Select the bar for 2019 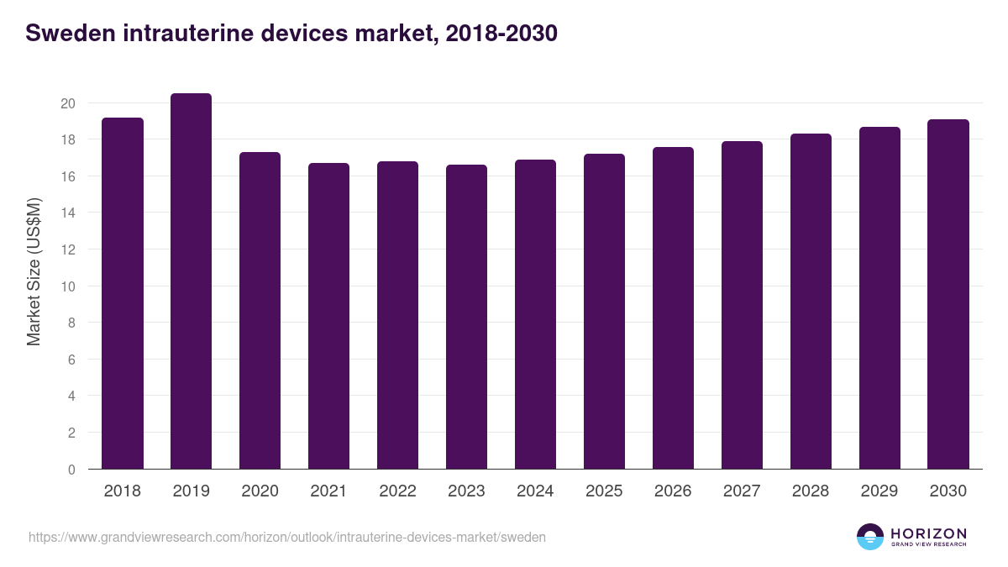click(x=191, y=281)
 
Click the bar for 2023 click(x=466, y=317)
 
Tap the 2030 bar click(x=948, y=294)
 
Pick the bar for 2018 click(x=123, y=293)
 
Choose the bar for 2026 click(x=673, y=308)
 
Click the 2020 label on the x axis click(x=260, y=491)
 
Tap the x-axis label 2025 click(x=604, y=491)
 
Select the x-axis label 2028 click(x=811, y=491)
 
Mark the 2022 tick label click(x=397, y=491)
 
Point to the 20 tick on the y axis click(x=68, y=103)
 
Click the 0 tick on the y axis click(x=71, y=470)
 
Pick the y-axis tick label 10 click(x=68, y=286)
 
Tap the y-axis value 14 click(x=68, y=213)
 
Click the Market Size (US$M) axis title click(x=34, y=271)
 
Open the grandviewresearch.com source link click(x=287, y=537)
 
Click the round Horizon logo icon click(x=870, y=537)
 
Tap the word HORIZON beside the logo click(x=928, y=533)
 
